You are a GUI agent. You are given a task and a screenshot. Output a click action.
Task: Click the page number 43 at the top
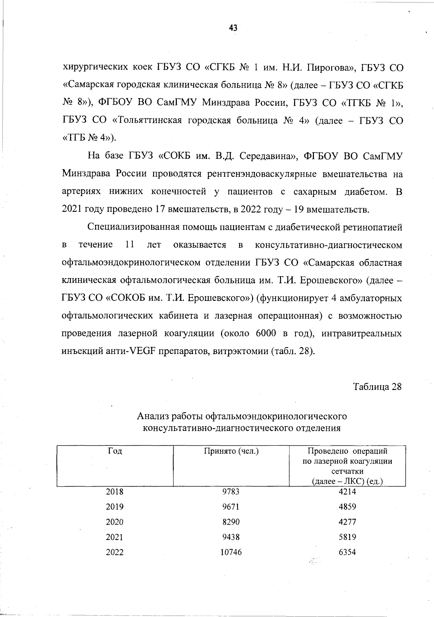233,28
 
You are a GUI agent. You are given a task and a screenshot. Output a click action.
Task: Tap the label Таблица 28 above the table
377,387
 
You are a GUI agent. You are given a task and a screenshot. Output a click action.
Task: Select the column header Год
115,451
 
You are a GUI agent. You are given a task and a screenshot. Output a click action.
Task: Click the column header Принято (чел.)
231,451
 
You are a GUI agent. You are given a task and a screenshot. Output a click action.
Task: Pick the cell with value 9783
231,492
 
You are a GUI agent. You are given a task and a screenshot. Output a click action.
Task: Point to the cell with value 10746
231,552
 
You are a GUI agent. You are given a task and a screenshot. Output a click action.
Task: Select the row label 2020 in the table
115,522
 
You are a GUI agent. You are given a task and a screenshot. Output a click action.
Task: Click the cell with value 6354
347,552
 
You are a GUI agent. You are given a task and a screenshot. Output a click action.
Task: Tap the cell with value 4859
347,507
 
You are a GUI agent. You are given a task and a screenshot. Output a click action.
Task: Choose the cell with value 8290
231,522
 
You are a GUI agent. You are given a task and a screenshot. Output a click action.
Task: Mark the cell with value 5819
347,537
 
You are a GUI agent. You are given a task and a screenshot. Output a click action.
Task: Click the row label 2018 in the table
115,492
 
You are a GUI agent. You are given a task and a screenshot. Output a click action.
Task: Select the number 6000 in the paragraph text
266,333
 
